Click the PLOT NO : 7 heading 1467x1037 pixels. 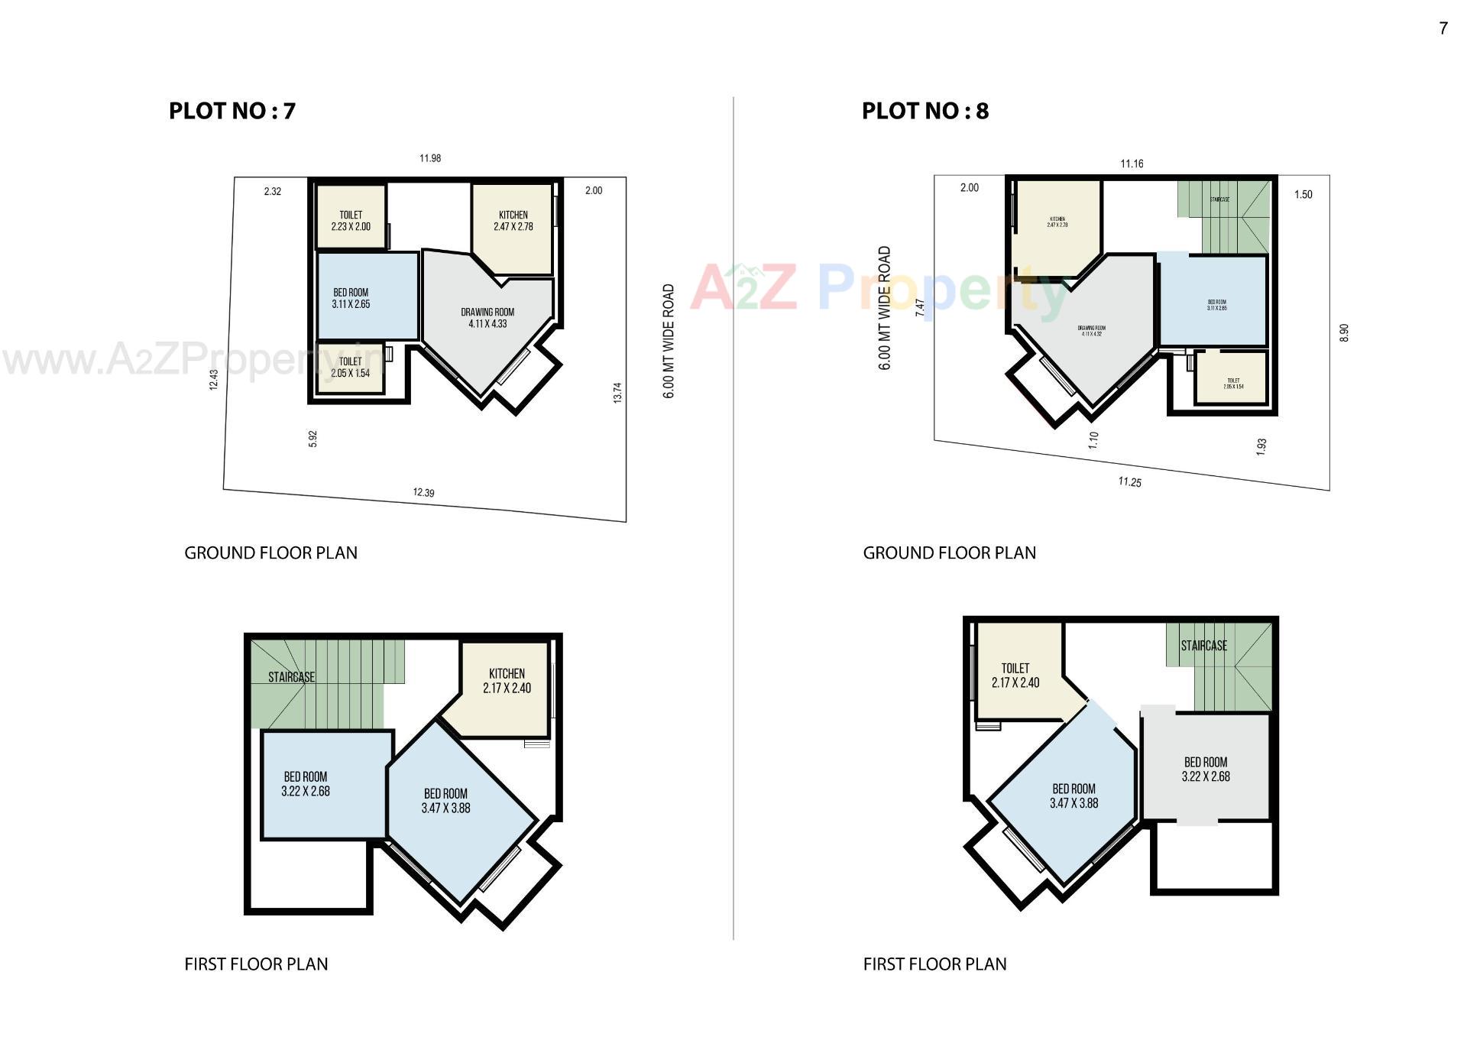[x=232, y=112]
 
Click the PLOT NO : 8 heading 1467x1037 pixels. [x=925, y=112]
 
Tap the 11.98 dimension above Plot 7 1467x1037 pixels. [x=430, y=158]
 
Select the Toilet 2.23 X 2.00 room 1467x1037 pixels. [x=351, y=220]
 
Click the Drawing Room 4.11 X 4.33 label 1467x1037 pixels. [x=487, y=318]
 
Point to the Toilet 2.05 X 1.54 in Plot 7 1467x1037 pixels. [x=350, y=368]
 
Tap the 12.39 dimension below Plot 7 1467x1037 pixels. [x=423, y=492]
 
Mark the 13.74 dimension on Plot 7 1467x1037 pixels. [x=617, y=392]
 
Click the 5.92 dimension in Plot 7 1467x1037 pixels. [x=313, y=439]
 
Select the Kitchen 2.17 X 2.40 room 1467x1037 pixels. [x=507, y=680]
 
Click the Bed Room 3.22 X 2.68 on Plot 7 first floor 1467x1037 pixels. [x=306, y=784]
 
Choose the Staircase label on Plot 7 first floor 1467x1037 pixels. [x=291, y=677]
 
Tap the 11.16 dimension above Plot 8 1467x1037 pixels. [x=1132, y=164]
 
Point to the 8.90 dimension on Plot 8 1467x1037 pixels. [x=1344, y=332]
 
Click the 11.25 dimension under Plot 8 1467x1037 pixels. [x=1129, y=481]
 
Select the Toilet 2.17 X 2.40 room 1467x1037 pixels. [x=1015, y=676]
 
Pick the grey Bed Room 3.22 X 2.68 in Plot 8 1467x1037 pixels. [x=1206, y=770]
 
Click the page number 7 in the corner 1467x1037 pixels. [x=1443, y=28]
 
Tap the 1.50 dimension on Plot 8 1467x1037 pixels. [x=1303, y=194]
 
